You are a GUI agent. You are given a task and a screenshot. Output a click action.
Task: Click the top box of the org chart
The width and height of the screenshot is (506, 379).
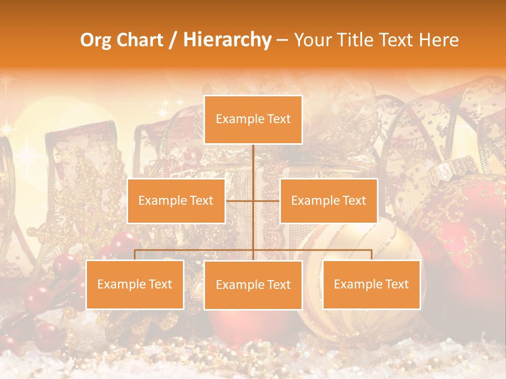tap(253, 119)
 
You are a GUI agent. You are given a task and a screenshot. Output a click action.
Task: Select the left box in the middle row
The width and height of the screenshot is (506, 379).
tap(176, 201)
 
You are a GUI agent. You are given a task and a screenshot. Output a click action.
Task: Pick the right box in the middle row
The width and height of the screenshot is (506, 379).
tap(328, 201)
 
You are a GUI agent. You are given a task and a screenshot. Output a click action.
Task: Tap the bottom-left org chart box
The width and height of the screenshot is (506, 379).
tap(135, 284)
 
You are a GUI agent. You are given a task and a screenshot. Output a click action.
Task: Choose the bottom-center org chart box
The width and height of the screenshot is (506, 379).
tap(253, 285)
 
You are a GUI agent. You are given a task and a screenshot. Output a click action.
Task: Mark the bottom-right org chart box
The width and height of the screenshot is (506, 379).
tap(371, 284)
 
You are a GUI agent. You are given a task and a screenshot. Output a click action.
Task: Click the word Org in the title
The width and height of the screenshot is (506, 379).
tap(95, 40)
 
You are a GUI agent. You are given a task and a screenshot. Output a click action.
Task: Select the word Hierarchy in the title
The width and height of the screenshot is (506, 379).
tap(227, 40)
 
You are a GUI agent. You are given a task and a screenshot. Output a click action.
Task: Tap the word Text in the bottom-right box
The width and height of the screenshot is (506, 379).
tap(396, 284)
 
